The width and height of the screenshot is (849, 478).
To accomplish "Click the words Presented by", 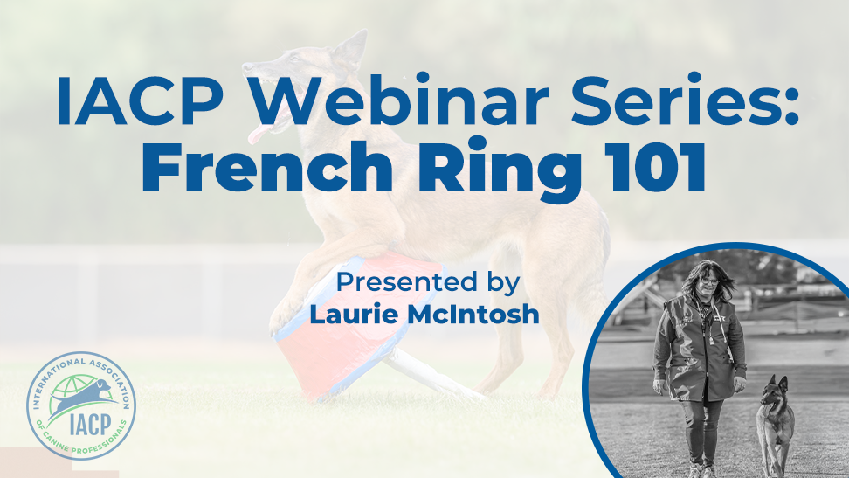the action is click(x=428, y=282).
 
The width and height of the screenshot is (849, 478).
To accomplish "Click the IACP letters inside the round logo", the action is click(x=90, y=424).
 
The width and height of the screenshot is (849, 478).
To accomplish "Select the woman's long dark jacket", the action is click(x=700, y=347).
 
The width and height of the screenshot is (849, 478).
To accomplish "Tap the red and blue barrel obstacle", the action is click(x=357, y=325).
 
